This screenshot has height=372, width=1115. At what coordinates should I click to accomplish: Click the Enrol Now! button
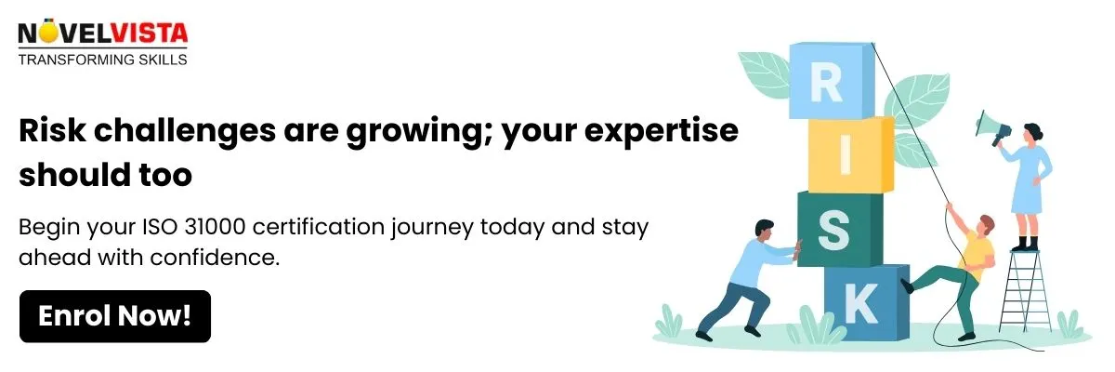click(x=115, y=316)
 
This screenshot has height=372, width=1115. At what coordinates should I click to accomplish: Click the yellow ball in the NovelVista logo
click(x=47, y=32)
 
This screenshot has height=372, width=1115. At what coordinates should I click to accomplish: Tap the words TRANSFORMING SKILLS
click(x=102, y=60)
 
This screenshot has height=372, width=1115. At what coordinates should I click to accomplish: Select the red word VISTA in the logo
click(x=149, y=33)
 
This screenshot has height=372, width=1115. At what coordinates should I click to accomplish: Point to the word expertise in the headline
click(x=662, y=131)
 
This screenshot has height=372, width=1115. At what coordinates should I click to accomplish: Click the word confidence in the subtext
click(x=215, y=258)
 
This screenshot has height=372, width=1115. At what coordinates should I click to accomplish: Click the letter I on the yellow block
click(x=845, y=157)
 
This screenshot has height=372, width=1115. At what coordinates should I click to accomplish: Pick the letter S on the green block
click(x=833, y=230)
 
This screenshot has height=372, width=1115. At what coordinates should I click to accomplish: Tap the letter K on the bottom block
click(x=861, y=303)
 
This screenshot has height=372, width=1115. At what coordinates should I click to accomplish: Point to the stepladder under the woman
click(x=1025, y=291)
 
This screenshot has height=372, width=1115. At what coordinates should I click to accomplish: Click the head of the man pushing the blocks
click(x=764, y=229)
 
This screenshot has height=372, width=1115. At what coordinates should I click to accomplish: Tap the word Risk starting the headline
click(x=52, y=130)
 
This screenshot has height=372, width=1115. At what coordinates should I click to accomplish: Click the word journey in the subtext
click(x=431, y=228)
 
